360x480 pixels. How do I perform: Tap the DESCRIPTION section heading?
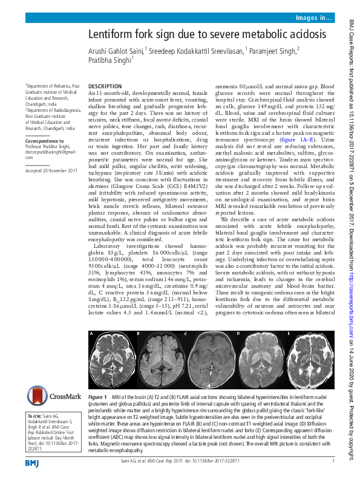pos(105,87)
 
